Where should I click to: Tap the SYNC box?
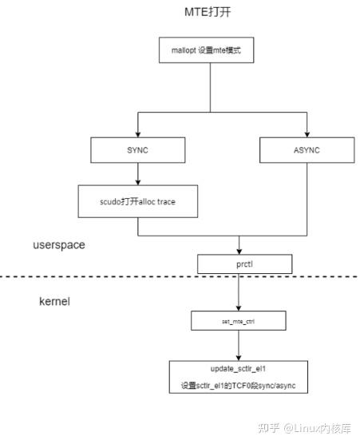(x=138, y=149)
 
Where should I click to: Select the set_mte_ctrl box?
(x=237, y=322)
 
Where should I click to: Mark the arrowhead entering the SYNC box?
(x=138, y=133)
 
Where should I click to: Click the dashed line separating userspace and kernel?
(x=96, y=277)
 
